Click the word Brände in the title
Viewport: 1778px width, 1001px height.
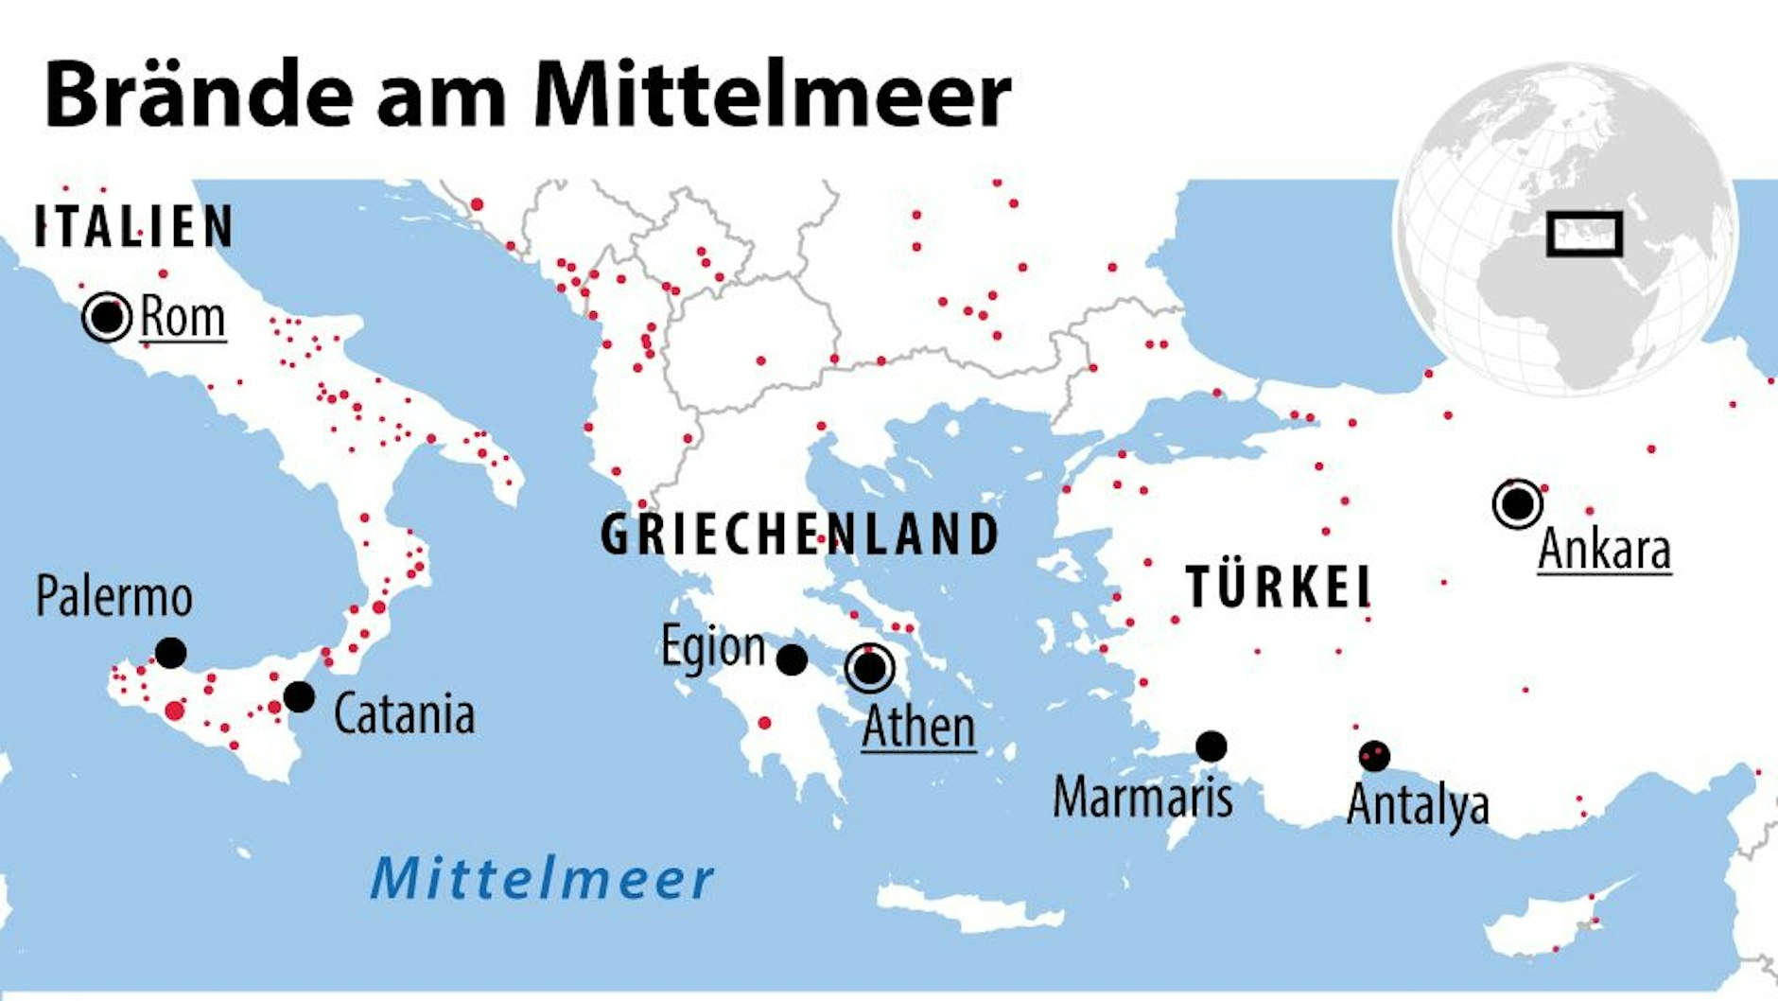pyautogui.click(x=199, y=95)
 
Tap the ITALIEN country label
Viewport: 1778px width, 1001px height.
pyautogui.click(x=133, y=227)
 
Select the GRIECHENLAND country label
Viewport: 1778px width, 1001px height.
pyautogui.click(x=800, y=535)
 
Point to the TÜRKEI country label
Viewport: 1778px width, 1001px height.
pyautogui.click(x=1279, y=587)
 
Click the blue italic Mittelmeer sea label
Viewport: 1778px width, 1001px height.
pyautogui.click(x=542, y=878)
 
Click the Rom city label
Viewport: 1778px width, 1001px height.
pyautogui.click(x=183, y=317)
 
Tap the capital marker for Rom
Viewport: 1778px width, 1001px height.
pyautogui.click(x=107, y=317)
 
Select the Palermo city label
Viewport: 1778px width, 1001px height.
pyautogui.click(x=113, y=597)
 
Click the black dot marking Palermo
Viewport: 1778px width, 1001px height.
pyautogui.click(x=170, y=653)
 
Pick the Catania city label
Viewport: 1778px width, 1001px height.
pyautogui.click(x=404, y=714)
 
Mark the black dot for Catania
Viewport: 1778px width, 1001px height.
pyautogui.click(x=299, y=697)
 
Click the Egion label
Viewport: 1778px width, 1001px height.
pyautogui.click(x=713, y=647)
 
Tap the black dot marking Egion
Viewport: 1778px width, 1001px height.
pyautogui.click(x=792, y=659)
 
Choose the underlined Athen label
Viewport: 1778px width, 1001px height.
pyautogui.click(x=918, y=728)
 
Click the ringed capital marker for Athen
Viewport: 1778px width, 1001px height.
pyautogui.click(x=870, y=668)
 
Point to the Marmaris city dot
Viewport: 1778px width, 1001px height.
pyautogui.click(x=1211, y=746)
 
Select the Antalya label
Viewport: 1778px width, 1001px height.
pyautogui.click(x=1418, y=805)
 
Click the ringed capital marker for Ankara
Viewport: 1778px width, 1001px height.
pyautogui.click(x=1518, y=503)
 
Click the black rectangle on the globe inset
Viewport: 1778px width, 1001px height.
pyautogui.click(x=1584, y=234)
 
